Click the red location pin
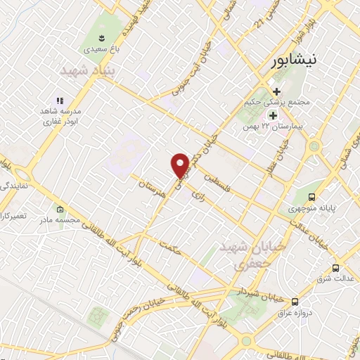pyautogui.click(x=180, y=165)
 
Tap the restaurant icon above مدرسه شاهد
pyautogui.click(x=60, y=101)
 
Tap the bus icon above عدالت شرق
pyautogui.click(x=335, y=268)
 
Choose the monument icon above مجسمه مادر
pyautogui.click(x=60, y=209)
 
